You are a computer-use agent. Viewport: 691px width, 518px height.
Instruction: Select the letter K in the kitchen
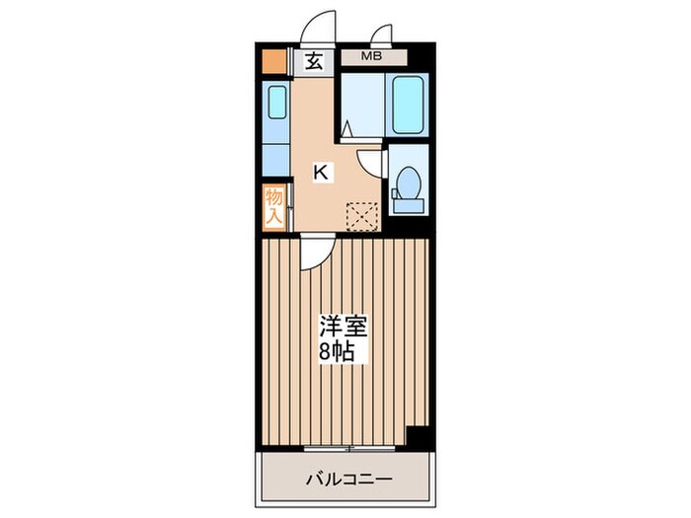(321, 173)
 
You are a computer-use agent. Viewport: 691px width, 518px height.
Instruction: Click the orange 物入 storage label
(274, 207)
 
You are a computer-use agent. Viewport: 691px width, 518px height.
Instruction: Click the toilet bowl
(406, 185)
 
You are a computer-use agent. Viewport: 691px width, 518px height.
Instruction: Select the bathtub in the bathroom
(408, 106)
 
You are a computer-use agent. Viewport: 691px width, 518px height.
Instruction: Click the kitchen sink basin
(277, 102)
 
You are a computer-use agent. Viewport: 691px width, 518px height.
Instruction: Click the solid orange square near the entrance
(273, 61)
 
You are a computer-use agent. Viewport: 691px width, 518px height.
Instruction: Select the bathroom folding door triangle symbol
(347, 126)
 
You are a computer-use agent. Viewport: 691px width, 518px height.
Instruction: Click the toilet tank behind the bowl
(407, 205)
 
